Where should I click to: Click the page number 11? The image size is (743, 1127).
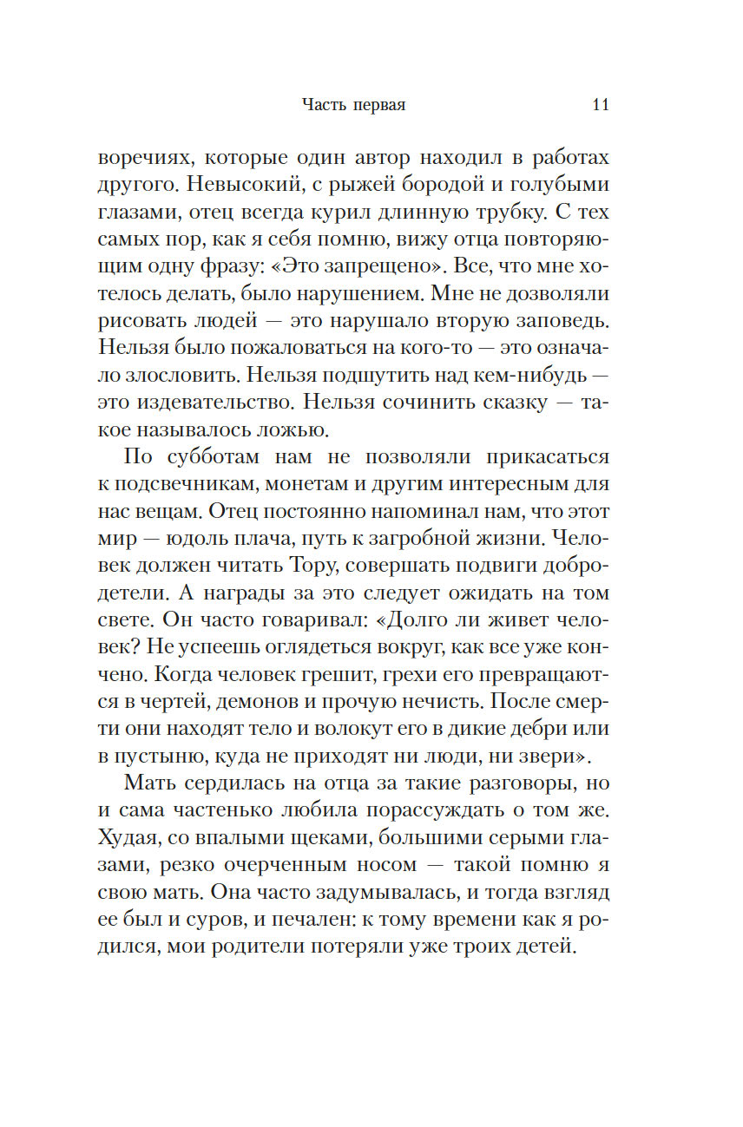pos(600,105)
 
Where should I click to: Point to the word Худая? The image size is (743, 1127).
pos(128,839)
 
